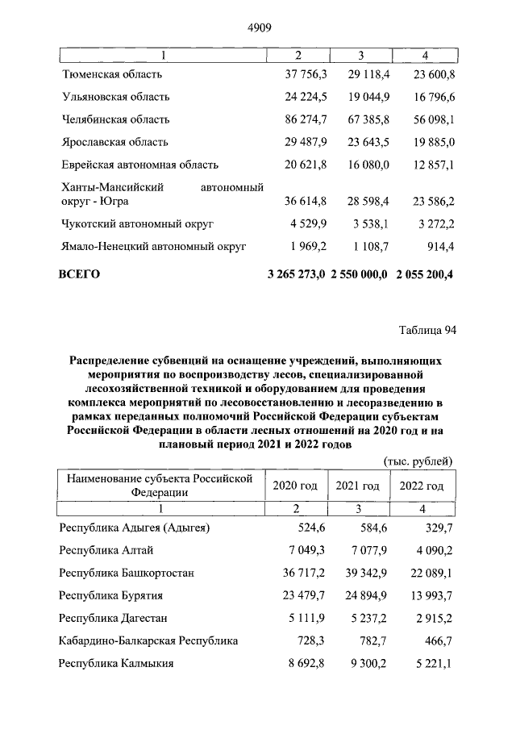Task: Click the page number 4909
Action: [x=257, y=27]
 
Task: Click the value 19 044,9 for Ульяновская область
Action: [x=367, y=97]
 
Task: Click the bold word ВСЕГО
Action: [x=79, y=274]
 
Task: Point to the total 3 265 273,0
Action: [x=296, y=274]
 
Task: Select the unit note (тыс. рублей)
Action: [x=416, y=461]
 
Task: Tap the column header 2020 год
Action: [x=295, y=486]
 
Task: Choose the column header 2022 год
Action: [x=421, y=486]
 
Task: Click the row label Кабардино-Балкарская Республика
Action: [x=148, y=641]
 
